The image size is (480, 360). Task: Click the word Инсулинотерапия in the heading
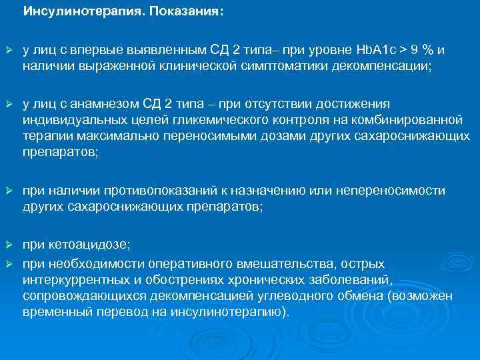tap(69, 12)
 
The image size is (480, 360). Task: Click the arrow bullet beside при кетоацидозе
tap(9, 249)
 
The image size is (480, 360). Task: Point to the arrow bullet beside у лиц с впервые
tap(9, 50)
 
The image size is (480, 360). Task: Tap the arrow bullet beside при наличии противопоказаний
tap(9, 191)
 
